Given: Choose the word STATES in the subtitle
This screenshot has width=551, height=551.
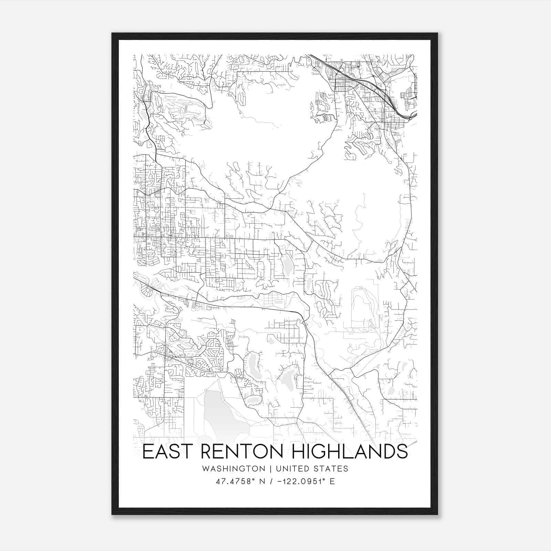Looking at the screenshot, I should click(x=331, y=469).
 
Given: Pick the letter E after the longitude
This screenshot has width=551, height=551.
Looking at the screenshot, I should click(x=332, y=481).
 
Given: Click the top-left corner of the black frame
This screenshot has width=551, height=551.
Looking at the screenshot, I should click(x=112, y=33).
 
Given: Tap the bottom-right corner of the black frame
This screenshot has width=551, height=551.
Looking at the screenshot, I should click(x=437, y=514).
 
